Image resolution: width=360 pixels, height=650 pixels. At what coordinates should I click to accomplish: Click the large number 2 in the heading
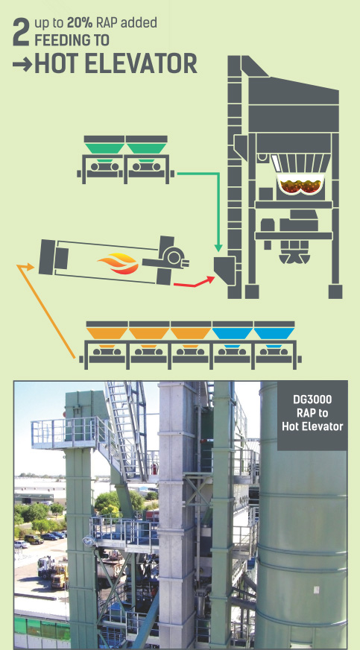(21, 32)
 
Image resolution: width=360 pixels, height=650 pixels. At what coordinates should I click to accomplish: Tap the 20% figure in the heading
(80, 23)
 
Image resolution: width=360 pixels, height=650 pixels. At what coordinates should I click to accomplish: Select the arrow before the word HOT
(22, 65)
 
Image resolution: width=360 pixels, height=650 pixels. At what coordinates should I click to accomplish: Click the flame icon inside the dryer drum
(118, 264)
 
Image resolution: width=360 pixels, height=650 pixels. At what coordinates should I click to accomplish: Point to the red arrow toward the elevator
(195, 283)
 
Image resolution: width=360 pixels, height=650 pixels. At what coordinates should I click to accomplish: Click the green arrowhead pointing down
(218, 248)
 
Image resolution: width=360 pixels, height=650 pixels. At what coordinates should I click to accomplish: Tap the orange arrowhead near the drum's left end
(25, 267)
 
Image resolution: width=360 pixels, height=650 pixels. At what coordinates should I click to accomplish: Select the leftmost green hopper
(104, 148)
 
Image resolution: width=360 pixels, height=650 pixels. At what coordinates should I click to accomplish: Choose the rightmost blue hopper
(274, 333)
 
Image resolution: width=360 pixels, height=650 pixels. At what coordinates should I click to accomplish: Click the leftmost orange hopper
(107, 333)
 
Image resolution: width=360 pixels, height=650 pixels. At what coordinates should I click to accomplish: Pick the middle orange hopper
(149, 333)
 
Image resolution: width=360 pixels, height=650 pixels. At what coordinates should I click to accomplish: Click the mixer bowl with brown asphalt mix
(300, 184)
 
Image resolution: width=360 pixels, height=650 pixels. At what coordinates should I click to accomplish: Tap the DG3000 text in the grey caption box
(312, 400)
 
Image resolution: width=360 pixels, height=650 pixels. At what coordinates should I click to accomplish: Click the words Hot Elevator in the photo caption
(312, 426)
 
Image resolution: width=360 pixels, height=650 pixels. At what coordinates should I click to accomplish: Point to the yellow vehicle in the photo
(60, 575)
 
